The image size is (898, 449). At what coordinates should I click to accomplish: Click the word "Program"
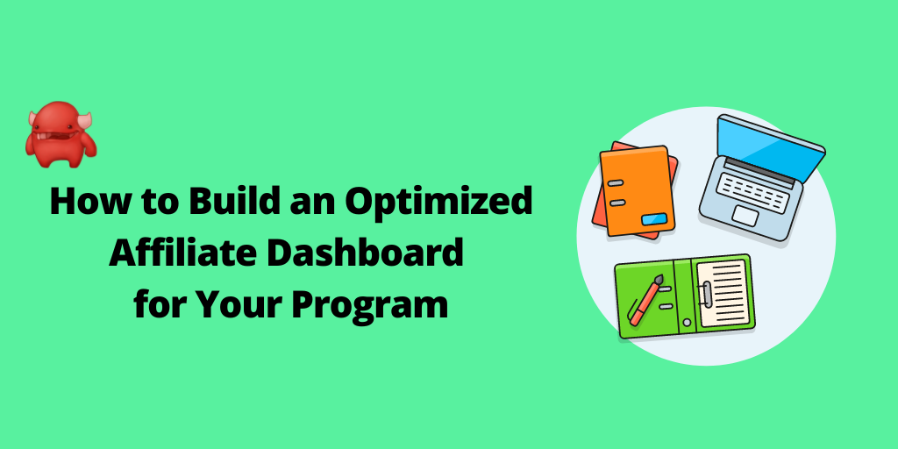click(369, 304)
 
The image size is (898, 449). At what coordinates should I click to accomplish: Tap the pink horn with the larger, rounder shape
click(85, 121)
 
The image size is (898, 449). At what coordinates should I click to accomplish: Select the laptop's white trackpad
click(745, 216)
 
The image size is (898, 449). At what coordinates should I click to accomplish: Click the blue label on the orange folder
click(654, 219)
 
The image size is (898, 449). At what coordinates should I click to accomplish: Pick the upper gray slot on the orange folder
click(615, 182)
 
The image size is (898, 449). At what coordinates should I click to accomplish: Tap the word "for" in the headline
click(160, 303)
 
